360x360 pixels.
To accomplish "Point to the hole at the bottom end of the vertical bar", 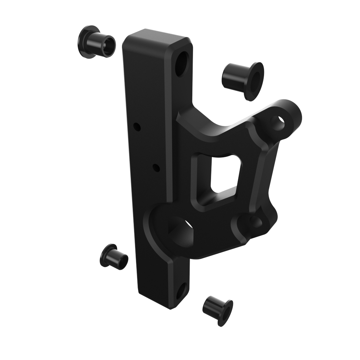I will pyautogui.click(x=181, y=291).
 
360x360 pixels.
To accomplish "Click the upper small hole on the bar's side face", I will pyautogui.click(x=137, y=127).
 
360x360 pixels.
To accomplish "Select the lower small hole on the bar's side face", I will pyautogui.click(x=156, y=168).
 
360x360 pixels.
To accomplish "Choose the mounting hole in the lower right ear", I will pyautogui.click(x=255, y=221).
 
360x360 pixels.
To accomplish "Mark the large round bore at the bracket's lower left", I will pyautogui.click(x=182, y=232).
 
